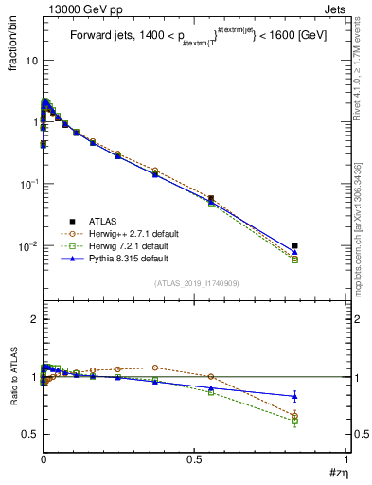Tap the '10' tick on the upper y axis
pyautogui.click(x=30, y=61)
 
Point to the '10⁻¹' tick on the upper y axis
pyautogui.click(x=28, y=184)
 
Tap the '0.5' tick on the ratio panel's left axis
pyautogui.click(x=29, y=434)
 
